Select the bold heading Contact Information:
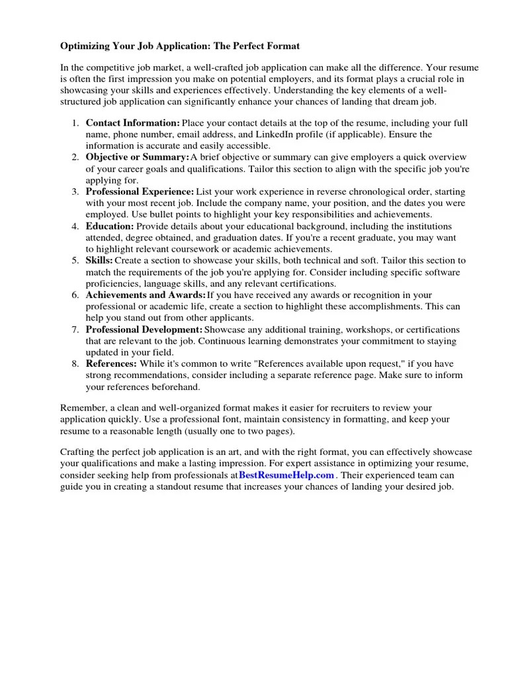[132, 123]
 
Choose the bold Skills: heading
[99, 260]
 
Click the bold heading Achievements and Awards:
[146, 295]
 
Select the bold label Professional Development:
[144, 329]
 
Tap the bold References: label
[111, 363]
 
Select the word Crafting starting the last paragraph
[78, 452]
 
